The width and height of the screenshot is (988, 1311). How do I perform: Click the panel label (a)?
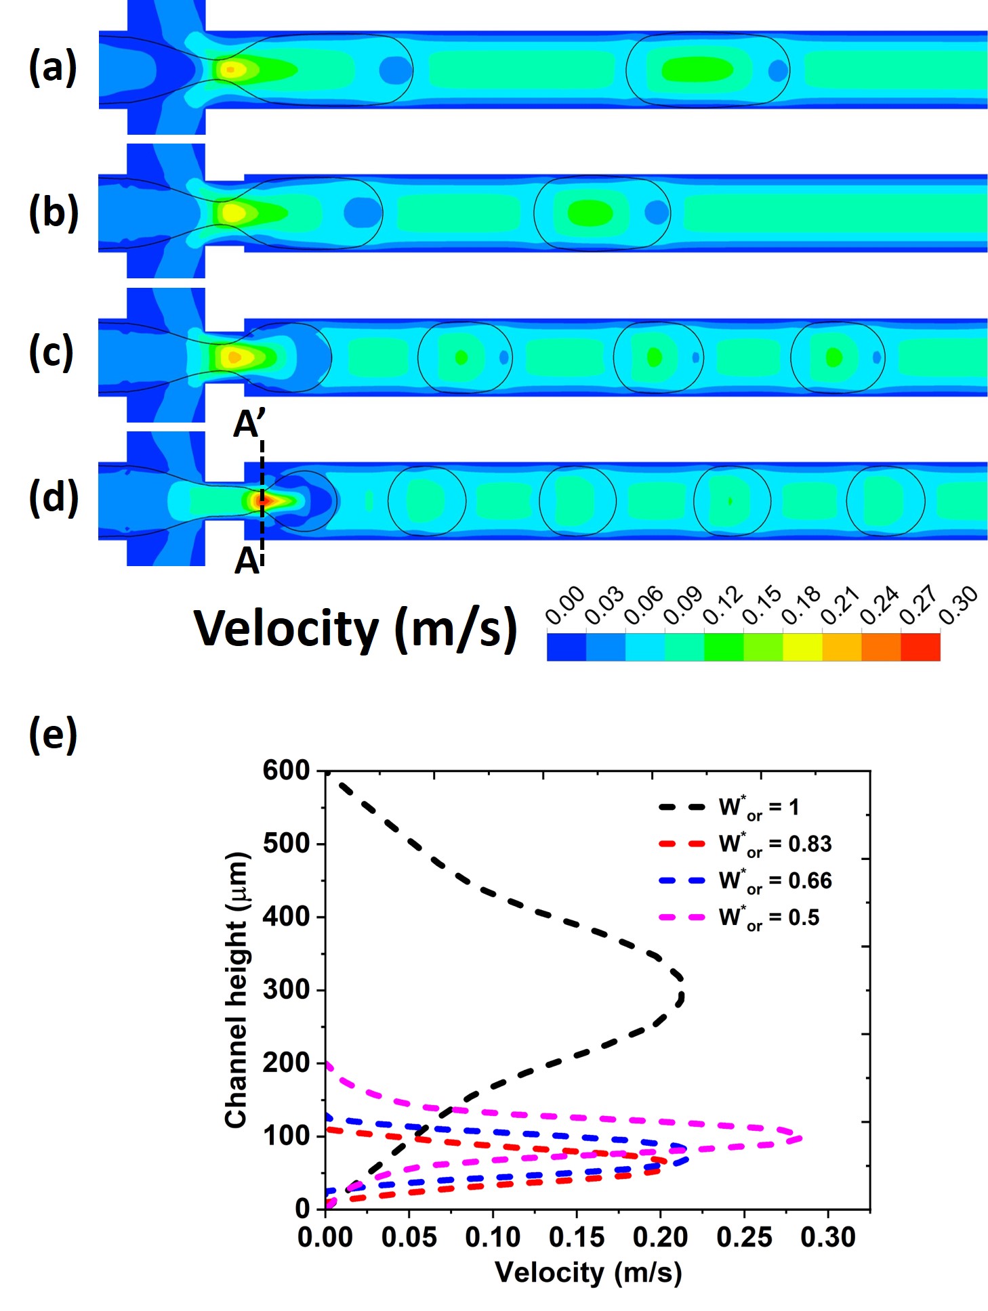click(53, 68)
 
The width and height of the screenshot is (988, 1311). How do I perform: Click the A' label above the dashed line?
click(249, 425)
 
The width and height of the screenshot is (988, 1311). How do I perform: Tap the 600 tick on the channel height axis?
click(286, 771)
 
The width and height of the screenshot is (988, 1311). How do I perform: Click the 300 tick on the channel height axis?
click(286, 990)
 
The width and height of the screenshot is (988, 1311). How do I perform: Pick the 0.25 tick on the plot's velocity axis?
click(744, 1237)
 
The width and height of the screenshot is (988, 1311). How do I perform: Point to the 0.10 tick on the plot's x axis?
click(493, 1237)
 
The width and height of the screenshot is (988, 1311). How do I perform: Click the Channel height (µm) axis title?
click(236, 989)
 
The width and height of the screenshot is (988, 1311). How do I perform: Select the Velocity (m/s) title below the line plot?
click(588, 1272)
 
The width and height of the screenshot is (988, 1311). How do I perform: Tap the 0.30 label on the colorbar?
click(958, 605)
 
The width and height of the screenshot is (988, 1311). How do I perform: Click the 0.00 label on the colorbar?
click(564, 605)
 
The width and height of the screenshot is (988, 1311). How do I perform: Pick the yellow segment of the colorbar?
click(802, 647)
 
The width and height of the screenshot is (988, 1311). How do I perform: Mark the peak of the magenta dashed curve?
click(800, 1138)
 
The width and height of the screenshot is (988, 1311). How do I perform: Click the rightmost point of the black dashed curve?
click(682, 996)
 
